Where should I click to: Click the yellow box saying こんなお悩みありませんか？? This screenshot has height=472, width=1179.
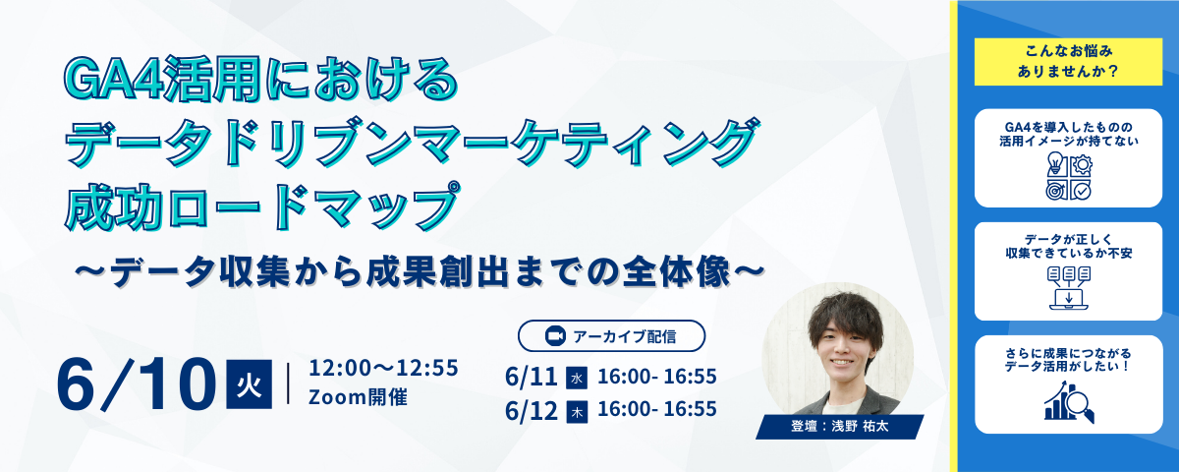click(1068, 62)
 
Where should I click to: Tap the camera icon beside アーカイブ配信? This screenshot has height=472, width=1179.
click(555, 336)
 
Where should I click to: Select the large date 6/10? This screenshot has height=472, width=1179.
click(137, 384)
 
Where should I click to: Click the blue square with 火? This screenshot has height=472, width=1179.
click(249, 384)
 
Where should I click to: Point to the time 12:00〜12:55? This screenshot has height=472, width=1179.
click(383, 368)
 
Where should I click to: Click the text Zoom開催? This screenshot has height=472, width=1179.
click(358, 397)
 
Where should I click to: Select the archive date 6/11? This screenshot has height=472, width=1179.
click(532, 377)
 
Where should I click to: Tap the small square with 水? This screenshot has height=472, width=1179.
click(577, 379)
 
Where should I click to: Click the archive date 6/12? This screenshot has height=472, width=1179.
click(532, 410)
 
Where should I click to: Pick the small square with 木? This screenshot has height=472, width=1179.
click(577, 412)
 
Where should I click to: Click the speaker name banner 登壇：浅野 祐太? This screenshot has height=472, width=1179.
click(839, 427)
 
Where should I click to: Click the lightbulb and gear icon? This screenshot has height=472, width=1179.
click(1069, 176)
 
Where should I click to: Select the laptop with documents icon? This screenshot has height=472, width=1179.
click(1069, 288)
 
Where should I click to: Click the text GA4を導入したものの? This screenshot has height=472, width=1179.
click(1069, 127)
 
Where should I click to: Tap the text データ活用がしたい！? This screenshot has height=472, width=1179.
click(1069, 366)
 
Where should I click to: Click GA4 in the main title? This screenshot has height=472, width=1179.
click(112, 80)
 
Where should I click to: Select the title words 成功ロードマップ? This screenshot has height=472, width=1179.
click(261, 206)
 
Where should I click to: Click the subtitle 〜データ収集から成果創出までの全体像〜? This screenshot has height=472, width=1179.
click(420, 271)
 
